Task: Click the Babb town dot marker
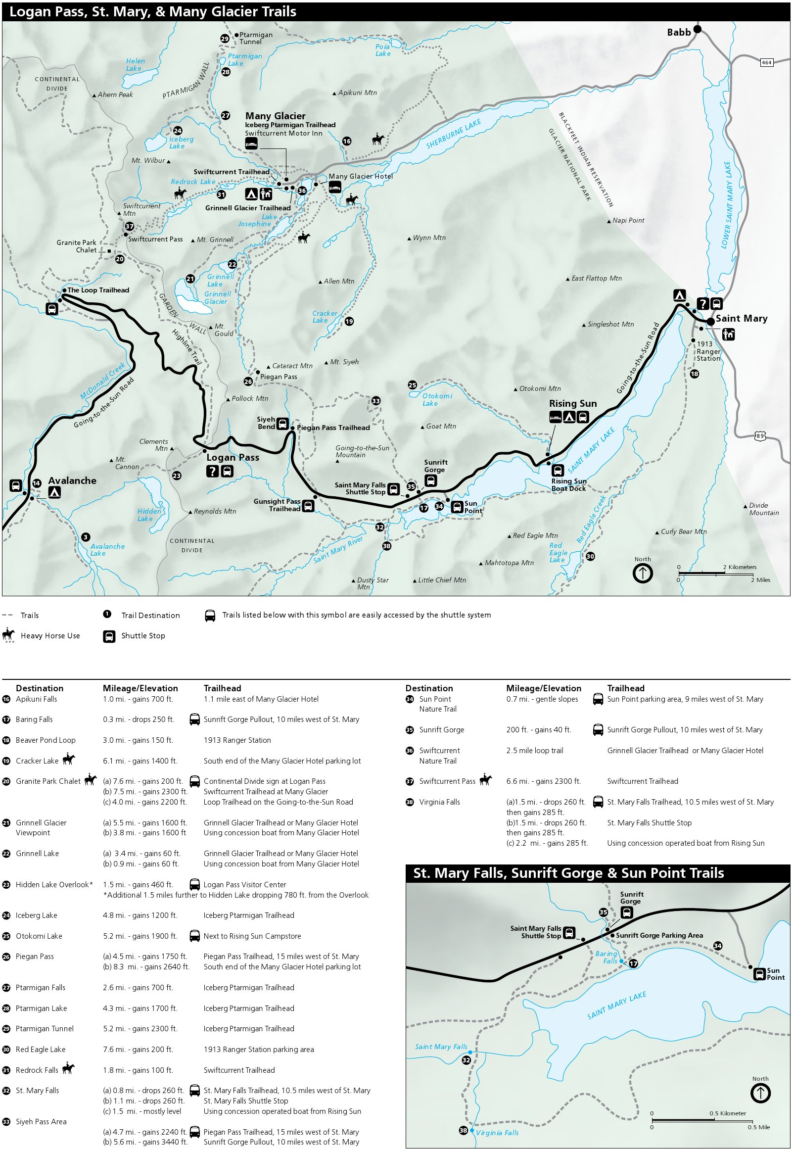click(x=698, y=29)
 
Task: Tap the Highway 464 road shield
click(x=767, y=62)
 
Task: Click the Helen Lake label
click(x=135, y=65)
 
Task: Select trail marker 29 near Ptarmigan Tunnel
click(x=225, y=39)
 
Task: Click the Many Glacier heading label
click(x=275, y=116)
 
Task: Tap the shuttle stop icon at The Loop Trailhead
click(x=51, y=309)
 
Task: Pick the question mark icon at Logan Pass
click(x=213, y=471)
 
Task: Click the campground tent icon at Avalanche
click(x=54, y=492)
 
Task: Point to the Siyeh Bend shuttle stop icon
click(x=282, y=424)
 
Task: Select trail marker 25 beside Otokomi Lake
click(x=413, y=384)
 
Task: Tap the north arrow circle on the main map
click(x=643, y=573)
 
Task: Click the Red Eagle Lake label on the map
click(x=558, y=552)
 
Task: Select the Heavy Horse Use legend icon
click(x=8, y=635)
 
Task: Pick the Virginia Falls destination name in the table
click(x=439, y=802)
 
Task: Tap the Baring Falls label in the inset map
click(x=606, y=957)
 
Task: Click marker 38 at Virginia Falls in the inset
click(x=463, y=1130)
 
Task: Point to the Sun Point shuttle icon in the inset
click(x=759, y=974)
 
